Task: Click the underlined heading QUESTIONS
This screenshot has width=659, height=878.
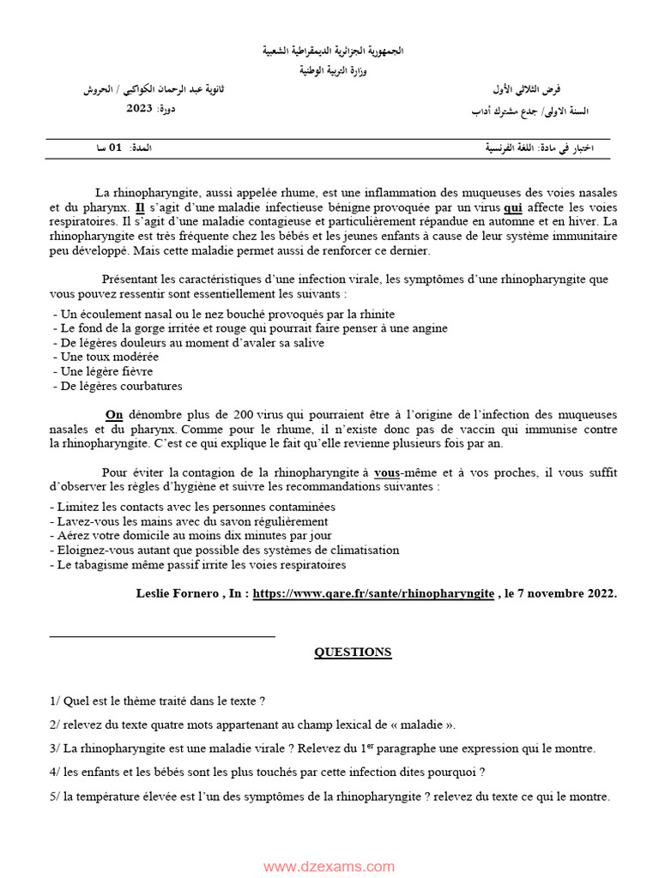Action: click(353, 652)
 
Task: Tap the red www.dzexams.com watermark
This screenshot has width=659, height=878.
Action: click(329, 867)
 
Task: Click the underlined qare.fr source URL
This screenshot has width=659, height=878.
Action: click(373, 593)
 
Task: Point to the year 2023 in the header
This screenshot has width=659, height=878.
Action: click(139, 108)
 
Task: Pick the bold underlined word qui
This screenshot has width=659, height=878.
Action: click(513, 207)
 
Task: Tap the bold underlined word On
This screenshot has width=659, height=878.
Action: click(114, 415)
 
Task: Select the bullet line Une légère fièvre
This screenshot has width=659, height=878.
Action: click(103, 371)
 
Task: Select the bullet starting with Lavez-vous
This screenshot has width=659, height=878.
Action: click(190, 521)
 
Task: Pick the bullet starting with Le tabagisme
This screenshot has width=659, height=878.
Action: click(199, 565)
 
